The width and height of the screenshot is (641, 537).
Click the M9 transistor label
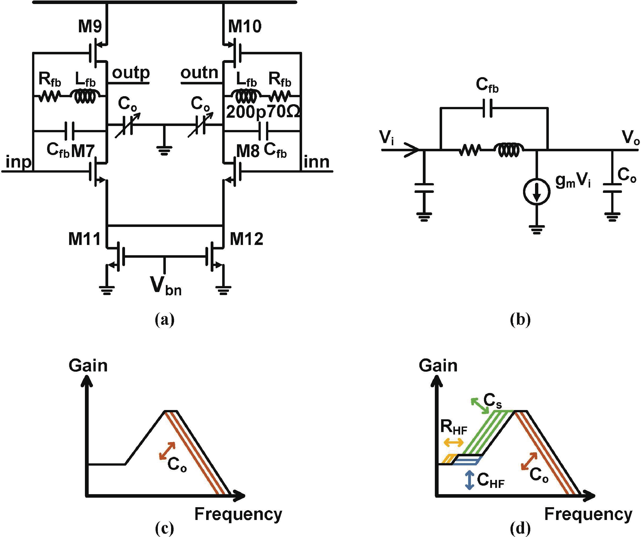point(90,27)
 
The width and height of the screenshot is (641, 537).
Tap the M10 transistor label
point(245,27)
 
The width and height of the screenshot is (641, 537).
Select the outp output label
point(131,73)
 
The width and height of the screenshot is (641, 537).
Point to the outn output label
point(199,73)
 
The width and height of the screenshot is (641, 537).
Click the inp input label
point(18,162)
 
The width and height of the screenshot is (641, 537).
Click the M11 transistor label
point(84,239)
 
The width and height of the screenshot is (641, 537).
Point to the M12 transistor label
point(246,239)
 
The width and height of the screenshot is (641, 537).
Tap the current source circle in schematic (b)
point(537,192)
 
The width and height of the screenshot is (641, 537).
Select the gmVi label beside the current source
point(573,181)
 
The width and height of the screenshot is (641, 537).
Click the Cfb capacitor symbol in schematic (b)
point(487,108)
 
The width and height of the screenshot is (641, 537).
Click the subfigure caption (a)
point(165,320)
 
